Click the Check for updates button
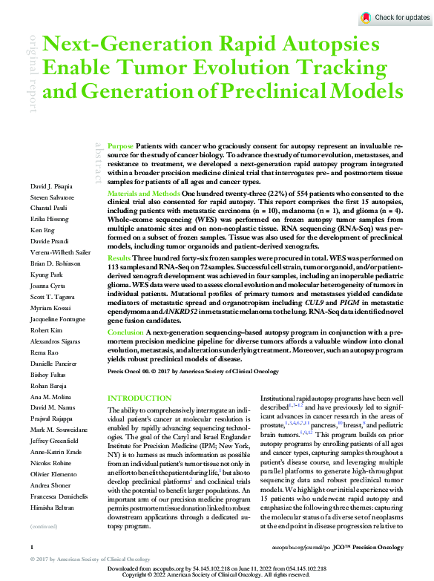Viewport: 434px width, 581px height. point(395,17)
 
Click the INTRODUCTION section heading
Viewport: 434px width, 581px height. point(139,398)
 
